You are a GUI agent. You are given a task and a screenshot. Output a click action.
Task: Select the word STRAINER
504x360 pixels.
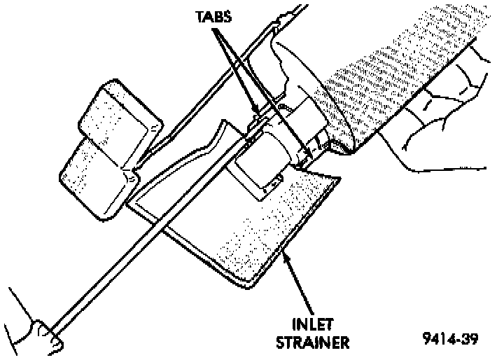[312, 342]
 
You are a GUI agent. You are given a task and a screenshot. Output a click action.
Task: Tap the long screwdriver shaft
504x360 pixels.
[140, 252]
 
